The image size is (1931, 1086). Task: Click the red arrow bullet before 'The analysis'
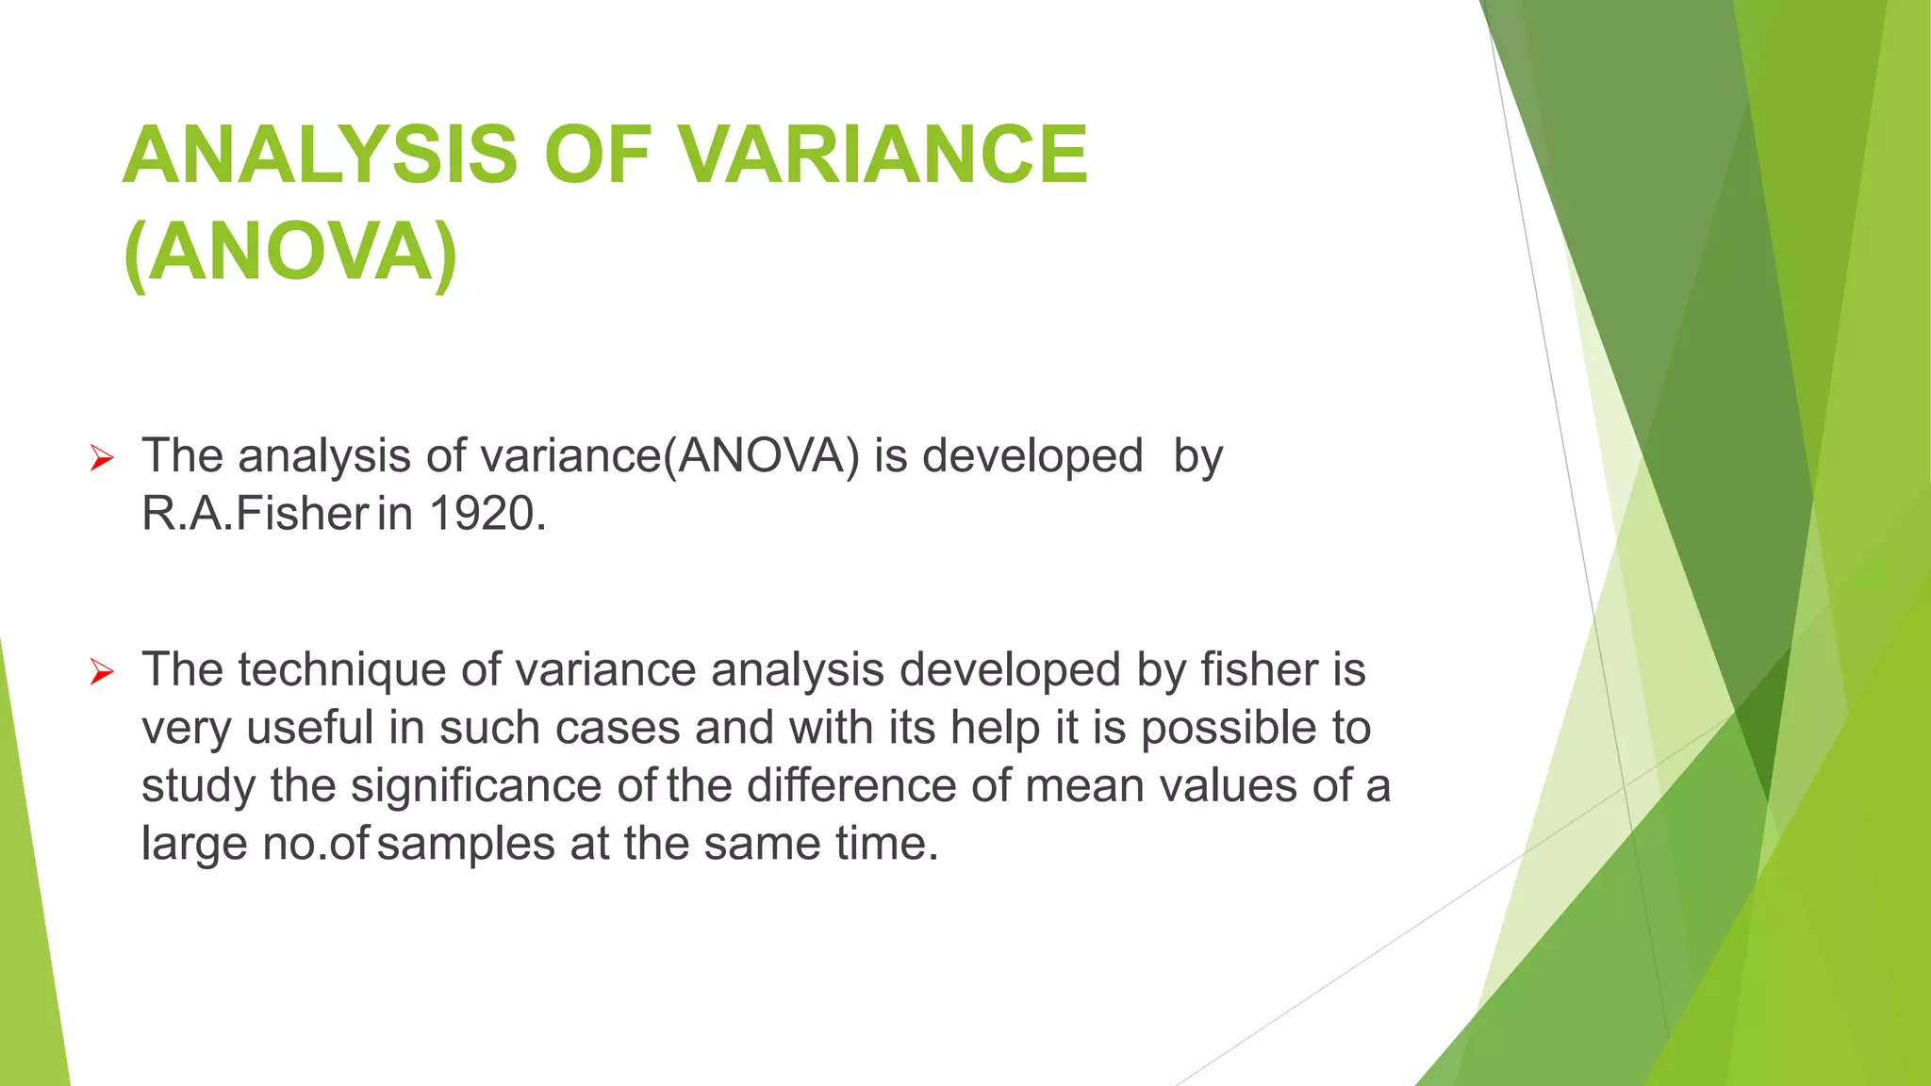(102, 459)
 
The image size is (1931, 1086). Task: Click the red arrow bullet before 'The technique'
(102, 672)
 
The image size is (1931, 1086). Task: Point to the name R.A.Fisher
(255, 514)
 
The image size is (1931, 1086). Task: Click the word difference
(851, 785)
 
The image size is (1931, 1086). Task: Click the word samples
(465, 843)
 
